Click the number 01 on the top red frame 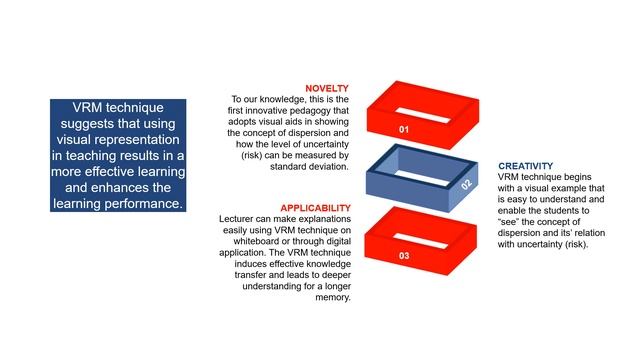click(404, 130)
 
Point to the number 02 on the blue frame click(467, 184)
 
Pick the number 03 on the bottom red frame click(404, 256)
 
